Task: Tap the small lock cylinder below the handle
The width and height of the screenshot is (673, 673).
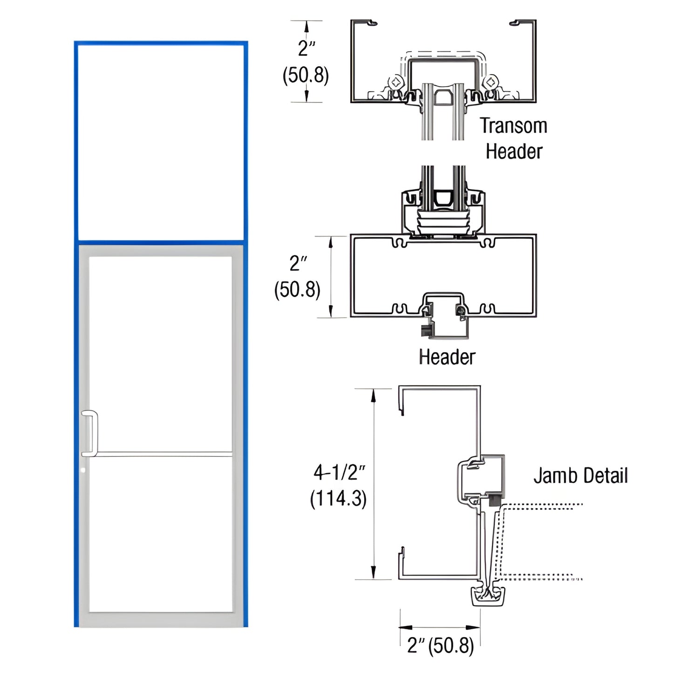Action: pyautogui.click(x=83, y=470)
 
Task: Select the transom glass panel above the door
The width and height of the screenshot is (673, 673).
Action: pyautogui.click(x=161, y=142)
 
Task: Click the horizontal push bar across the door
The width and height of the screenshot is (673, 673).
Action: pyautogui.click(x=163, y=453)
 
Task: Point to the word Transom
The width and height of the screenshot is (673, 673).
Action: pyautogui.click(x=513, y=126)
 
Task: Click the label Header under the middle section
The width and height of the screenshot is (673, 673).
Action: pyautogui.click(x=447, y=357)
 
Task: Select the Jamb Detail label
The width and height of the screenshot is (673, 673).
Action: pyautogui.click(x=580, y=476)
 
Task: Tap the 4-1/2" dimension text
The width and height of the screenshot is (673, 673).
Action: pyautogui.click(x=339, y=472)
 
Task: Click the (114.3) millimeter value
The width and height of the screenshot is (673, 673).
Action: pyautogui.click(x=338, y=498)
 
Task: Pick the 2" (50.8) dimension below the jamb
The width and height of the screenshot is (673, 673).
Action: pyautogui.click(x=440, y=646)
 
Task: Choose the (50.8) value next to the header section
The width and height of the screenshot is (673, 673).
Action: pyautogui.click(x=297, y=289)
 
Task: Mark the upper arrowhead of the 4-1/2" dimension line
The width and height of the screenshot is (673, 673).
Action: pyautogui.click(x=373, y=394)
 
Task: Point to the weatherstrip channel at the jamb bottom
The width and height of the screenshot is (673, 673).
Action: pyautogui.click(x=489, y=597)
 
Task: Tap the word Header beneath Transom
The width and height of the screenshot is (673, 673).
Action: pyautogui.click(x=514, y=151)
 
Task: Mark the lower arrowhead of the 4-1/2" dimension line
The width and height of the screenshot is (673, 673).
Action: pyautogui.click(x=373, y=574)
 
